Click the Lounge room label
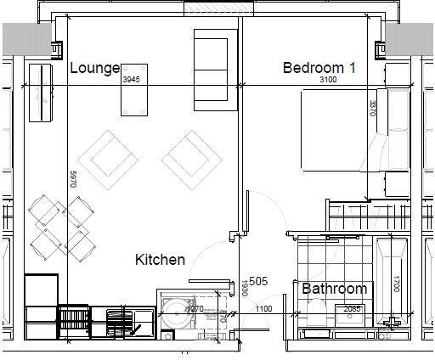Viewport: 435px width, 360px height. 94,68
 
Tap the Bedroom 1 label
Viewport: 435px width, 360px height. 318,67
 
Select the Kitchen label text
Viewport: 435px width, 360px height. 160,260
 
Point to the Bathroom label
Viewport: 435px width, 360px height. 335,289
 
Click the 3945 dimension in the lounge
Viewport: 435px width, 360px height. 131,79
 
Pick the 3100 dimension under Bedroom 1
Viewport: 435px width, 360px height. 327,79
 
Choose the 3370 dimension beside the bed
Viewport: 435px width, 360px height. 372,109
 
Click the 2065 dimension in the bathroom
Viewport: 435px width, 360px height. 353,309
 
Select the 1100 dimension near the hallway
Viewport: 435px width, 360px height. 264,309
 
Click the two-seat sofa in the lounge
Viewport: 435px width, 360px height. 209,68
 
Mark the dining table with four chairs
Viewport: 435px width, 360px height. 62,224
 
